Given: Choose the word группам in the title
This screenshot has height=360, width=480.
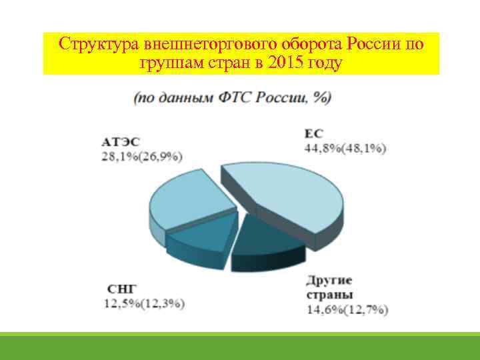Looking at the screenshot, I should pos(169,63).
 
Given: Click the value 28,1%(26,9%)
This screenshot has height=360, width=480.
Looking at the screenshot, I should pos(142,156).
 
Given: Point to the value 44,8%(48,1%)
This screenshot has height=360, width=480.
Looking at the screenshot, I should pos(345,149).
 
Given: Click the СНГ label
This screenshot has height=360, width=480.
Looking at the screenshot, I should pos(121,289).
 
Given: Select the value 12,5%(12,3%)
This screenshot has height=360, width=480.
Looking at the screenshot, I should pos(143,303).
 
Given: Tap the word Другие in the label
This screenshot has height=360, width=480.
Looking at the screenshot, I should pos(329,281).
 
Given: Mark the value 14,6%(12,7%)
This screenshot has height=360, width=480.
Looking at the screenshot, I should pos(347,309).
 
